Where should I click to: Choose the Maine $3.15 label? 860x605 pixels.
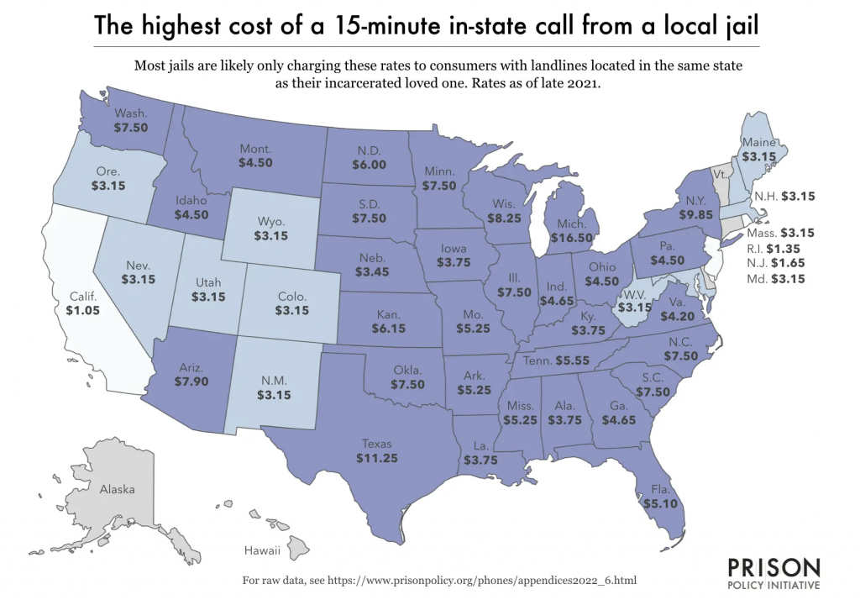pos(758,150)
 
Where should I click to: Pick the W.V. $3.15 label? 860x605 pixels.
pos(636,302)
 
